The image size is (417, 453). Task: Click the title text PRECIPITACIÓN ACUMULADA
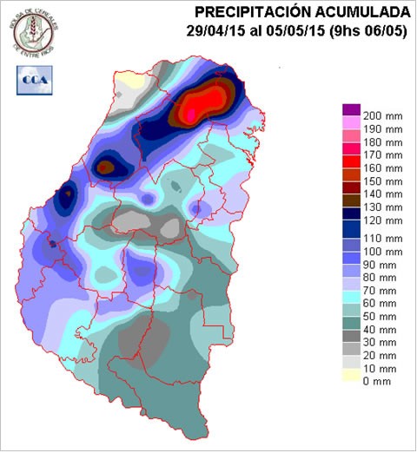pos(301,11)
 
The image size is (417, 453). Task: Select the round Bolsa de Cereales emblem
pos(31,29)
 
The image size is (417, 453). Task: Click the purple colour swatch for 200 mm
pos(351,109)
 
